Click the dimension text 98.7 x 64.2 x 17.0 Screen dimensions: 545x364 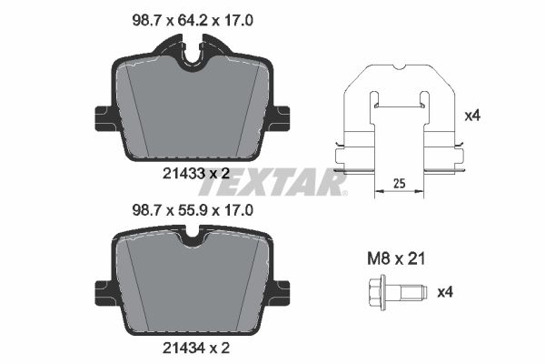coord(193,21)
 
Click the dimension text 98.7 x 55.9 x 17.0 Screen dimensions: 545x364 coord(193,210)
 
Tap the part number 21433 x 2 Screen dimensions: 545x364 coord(196,173)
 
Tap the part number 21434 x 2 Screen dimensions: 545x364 coord(196,348)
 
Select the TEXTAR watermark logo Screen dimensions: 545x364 coord(272,182)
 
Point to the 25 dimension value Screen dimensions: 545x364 coord(400,183)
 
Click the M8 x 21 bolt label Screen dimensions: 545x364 coord(396,258)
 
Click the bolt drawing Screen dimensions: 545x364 coord(397,292)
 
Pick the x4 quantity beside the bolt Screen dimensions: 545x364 coord(445,292)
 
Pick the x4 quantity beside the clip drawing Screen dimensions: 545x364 coord(472,116)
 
